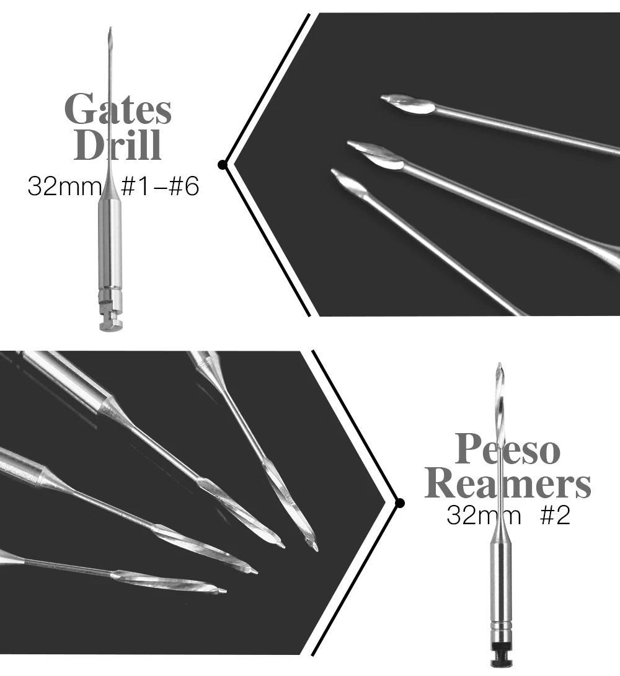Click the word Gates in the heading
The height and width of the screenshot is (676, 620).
(x=118, y=109)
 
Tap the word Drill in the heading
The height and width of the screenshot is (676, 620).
(x=118, y=145)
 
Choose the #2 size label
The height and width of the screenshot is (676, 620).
(x=555, y=516)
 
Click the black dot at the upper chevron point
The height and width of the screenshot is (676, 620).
(x=222, y=164)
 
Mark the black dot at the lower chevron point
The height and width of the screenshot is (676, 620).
(x=400, y=503)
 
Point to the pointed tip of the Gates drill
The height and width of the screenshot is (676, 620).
(x=109, y=29)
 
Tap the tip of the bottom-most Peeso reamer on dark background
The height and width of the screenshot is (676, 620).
(x=223, y=590)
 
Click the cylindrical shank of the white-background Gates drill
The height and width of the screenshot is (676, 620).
(x=110, y=242)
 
